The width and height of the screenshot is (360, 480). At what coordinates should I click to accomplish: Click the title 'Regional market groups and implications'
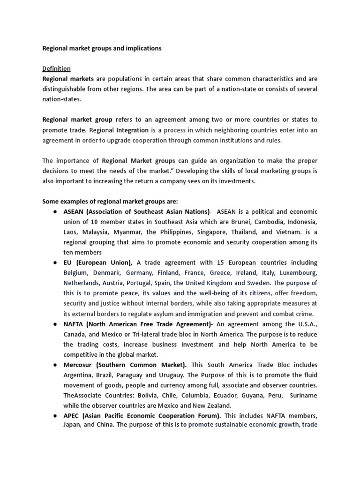[102, 48]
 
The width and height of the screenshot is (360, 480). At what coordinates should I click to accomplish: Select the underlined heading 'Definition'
[56, 68]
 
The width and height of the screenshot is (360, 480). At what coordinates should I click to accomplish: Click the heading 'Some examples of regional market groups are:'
[111, 201]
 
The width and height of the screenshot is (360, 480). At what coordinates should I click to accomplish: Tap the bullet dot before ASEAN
[54, 211]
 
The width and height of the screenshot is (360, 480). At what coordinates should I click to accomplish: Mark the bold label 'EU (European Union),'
[98, 262]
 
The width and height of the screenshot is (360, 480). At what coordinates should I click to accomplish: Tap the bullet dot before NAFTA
[54, 324]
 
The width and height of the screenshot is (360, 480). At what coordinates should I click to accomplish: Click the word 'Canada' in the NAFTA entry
[75, 334]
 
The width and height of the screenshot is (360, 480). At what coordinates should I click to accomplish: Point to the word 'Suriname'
[303, 395]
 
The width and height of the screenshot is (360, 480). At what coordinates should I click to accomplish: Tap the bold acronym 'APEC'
[73, 416]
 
